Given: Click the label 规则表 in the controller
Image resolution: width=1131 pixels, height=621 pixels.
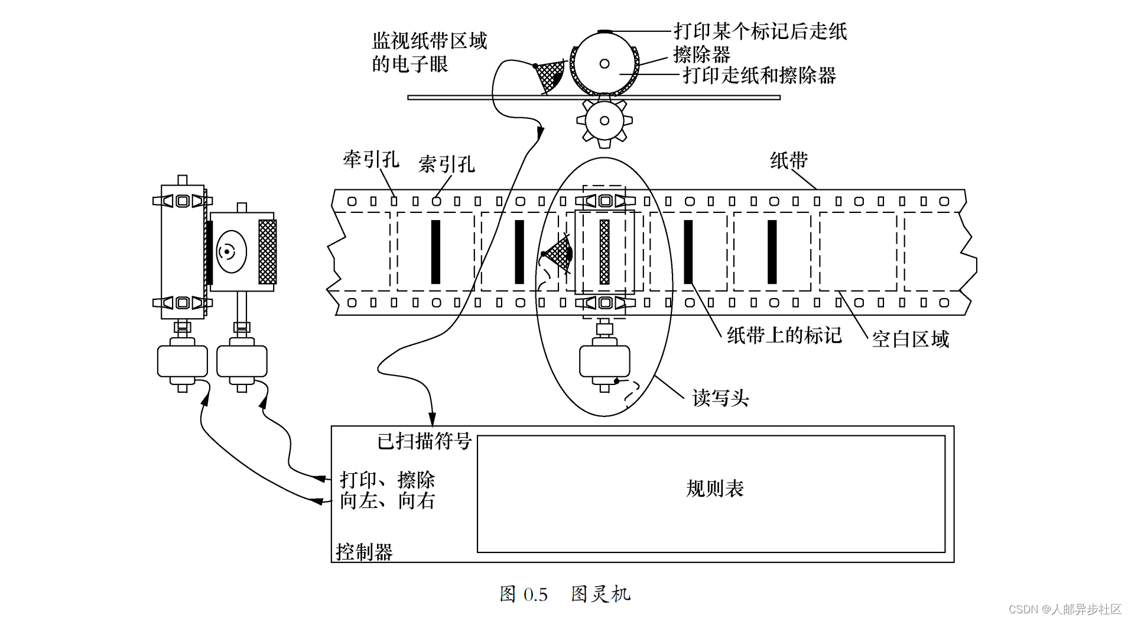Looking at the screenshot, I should (714, 489).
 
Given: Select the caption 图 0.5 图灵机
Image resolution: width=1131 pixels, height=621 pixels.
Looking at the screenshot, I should (565, 594).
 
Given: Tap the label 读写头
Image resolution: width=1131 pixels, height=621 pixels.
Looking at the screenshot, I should (720, 398).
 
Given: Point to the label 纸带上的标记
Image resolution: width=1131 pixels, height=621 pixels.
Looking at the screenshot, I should (784, 335).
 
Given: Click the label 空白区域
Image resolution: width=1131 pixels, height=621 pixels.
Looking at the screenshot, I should (910, 339).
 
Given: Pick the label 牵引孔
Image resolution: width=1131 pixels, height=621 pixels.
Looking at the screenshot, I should (371, 159).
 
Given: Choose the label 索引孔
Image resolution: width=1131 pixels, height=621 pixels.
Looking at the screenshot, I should (446, 164).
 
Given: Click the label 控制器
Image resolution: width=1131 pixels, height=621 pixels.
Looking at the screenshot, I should (364, 552).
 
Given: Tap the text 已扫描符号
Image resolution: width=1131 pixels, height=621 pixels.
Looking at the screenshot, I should (424, 441).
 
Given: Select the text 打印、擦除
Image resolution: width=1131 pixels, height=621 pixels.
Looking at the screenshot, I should (387, 480).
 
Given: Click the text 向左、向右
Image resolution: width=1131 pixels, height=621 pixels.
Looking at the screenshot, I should (387, 501).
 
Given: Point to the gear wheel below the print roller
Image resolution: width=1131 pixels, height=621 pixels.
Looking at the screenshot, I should (604, 121).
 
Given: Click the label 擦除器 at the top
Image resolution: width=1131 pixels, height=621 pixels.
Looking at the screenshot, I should (701, 54).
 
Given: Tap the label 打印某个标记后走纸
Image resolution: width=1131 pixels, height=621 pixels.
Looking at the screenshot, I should (760, 31).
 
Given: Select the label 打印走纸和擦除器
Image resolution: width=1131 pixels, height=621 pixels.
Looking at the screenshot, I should (759, 75).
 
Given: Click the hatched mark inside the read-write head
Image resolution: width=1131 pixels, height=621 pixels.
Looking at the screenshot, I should (604, 252).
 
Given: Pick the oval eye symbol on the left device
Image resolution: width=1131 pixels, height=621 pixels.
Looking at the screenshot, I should (231, 252).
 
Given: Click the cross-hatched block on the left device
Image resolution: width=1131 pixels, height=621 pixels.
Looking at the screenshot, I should (267, 252).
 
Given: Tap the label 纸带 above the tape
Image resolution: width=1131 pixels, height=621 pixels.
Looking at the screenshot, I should (789, 160).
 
